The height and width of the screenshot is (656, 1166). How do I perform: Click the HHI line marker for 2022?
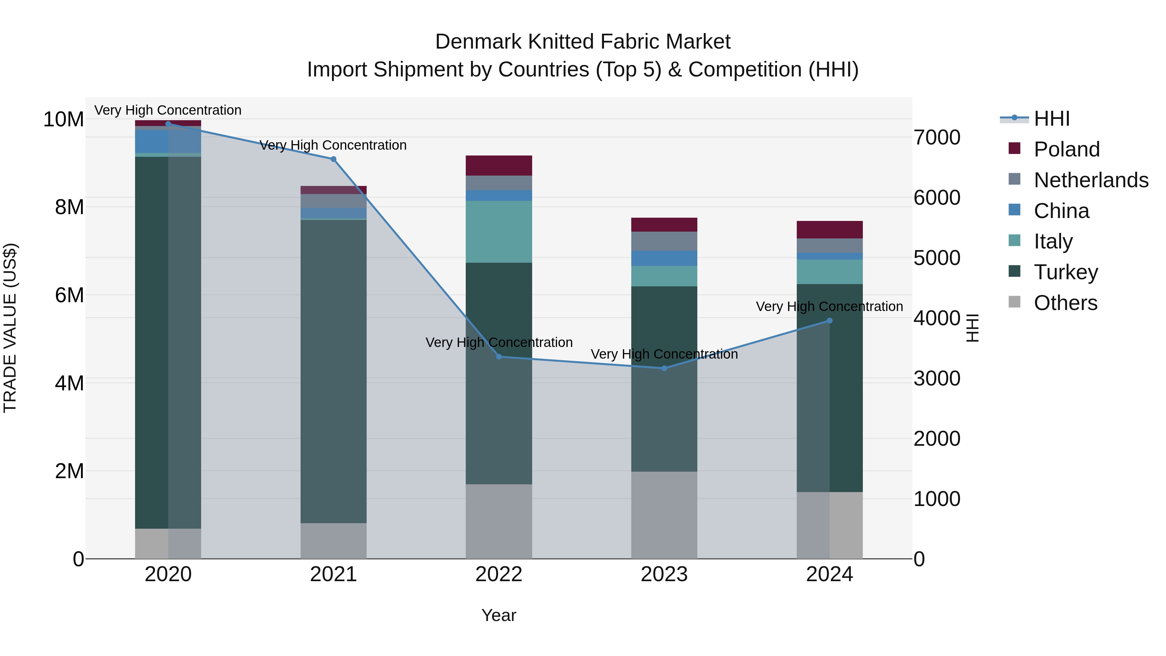tap(499, 357)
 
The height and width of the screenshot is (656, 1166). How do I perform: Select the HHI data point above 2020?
tap(168, 124)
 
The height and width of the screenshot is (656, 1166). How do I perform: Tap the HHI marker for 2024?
tap(830, 320)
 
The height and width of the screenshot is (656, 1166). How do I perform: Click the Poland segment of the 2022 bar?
tap(499, 165)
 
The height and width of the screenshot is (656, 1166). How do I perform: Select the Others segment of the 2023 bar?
tap(664, 515)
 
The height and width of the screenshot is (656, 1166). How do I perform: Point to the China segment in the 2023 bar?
tap(664, 258)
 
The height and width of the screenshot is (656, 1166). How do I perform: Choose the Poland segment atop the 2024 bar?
tap(830, 230)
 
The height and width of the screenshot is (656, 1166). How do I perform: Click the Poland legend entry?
tap(1067, 149)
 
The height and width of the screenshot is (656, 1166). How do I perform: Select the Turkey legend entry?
tap(1066, 272)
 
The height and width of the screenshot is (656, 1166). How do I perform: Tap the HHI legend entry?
tap(1051, 119)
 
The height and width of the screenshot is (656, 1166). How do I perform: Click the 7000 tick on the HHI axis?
tap(936, 138)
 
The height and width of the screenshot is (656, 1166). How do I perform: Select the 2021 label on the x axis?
tap(333, 574)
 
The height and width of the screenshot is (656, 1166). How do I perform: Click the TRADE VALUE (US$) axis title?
tap(10, 328)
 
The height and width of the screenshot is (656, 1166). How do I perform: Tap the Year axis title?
tap(499, 615)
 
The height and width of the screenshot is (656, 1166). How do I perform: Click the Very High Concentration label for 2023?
tap(664, 354)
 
